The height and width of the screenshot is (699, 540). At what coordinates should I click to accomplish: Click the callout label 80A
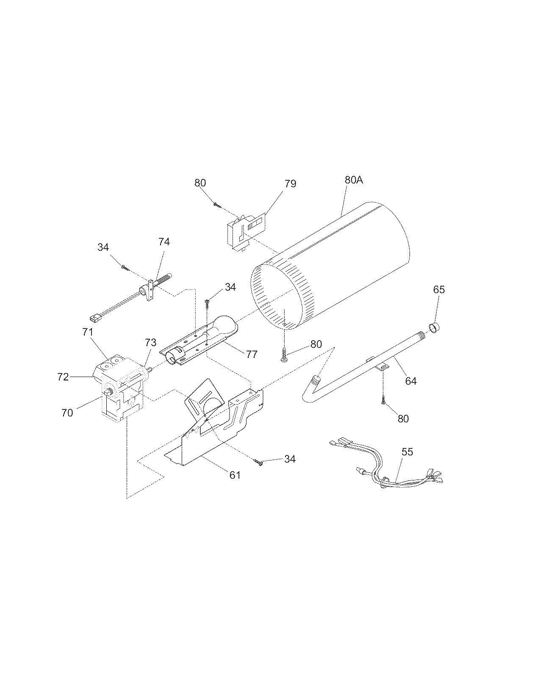354,180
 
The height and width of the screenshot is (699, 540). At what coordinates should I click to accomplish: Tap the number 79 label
290,183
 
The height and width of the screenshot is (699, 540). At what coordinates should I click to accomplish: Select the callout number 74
164,241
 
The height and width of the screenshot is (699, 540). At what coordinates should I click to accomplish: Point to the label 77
251,354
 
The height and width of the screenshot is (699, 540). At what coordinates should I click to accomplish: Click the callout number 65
439,290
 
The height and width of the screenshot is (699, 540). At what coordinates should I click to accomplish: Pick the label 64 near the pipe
410,381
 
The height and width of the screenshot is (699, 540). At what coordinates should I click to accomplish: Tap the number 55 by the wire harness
407,452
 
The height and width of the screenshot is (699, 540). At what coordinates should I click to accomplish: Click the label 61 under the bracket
235,475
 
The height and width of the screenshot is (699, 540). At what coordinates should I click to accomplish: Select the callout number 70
67,412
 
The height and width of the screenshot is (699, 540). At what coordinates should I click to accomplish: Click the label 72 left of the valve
63,377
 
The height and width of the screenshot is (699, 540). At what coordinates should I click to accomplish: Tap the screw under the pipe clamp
382,401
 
